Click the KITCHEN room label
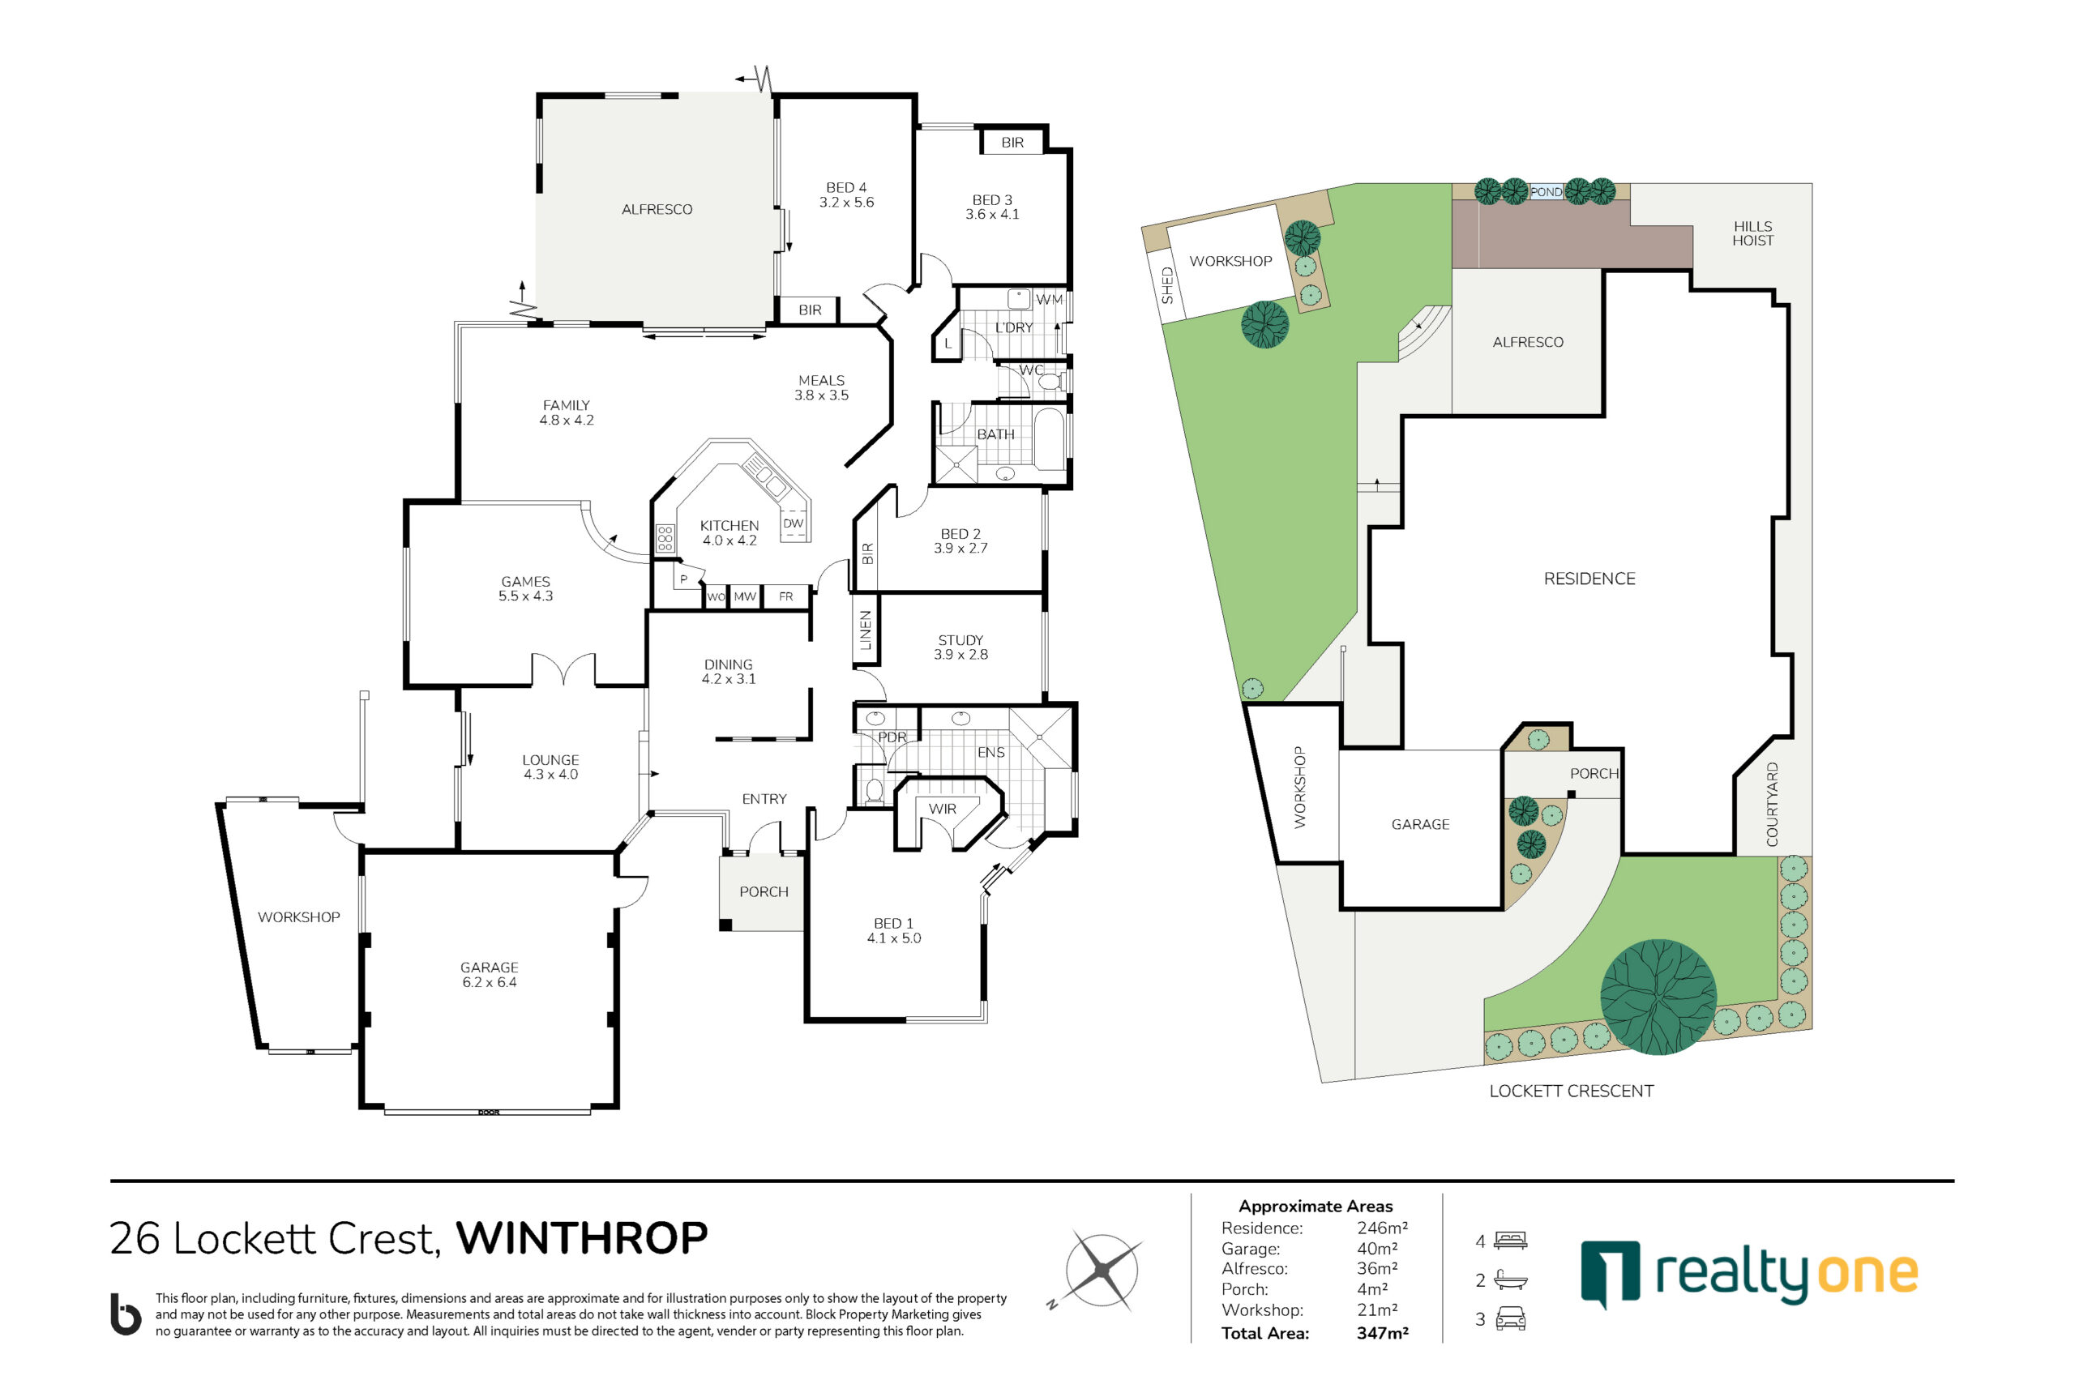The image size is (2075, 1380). point(729,525)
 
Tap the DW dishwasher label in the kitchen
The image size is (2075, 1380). point(794,523)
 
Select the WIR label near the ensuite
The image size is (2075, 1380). point(942,809)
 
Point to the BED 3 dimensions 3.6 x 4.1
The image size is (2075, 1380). point(992,214)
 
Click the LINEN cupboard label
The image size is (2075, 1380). point(866,630)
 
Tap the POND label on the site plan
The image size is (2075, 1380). point(1546,192)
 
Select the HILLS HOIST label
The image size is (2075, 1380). point(1752,233)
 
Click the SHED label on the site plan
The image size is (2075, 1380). point(1167,285)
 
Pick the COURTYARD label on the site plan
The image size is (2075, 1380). point(1772,805)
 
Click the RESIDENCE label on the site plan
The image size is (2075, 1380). point(1589,579)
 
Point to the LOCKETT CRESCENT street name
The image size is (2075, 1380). point(1572,1092)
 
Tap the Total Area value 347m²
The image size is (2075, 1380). point(1382,1332)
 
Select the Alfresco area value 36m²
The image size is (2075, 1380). point(1377,1268)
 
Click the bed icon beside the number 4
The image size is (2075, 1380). point(1511,1240)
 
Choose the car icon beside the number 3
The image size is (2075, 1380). point(1511,1318)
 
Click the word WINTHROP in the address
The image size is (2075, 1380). point(582,1238)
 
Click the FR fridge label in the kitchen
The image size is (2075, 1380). point(786,596)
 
